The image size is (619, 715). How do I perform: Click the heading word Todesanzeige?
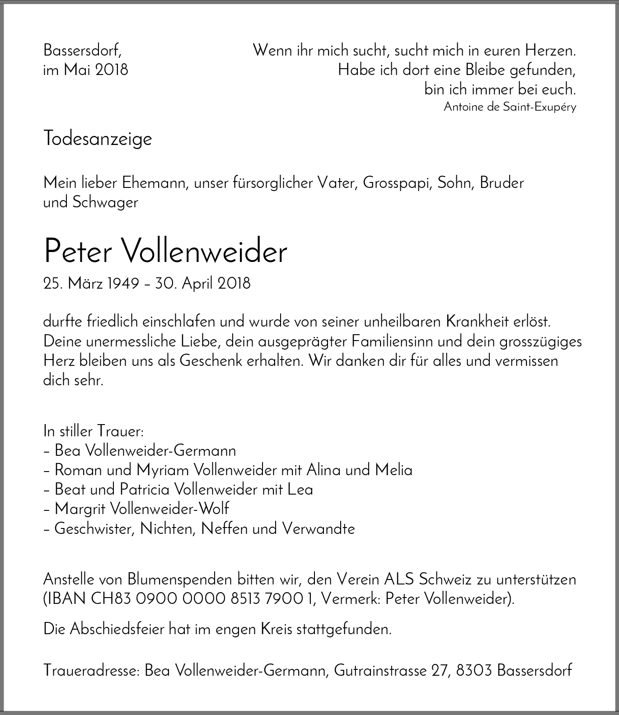[98, 139]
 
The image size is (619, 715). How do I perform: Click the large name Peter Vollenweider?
[165, 251]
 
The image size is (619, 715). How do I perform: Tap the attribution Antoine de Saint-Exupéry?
[510, 107]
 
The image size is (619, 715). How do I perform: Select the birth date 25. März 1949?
[91, 284]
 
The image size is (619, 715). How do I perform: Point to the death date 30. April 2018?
[202, 284]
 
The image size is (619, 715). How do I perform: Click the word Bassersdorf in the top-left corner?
[82, 50]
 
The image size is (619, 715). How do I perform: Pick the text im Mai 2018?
[85, 70]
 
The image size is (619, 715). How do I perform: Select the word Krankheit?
[478, 322]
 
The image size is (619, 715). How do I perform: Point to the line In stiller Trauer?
[94, 431]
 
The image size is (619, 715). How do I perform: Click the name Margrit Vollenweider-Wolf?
[141, 509]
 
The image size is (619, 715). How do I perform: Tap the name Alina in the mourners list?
[324, 470]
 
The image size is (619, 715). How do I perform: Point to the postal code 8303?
[474, 670]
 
